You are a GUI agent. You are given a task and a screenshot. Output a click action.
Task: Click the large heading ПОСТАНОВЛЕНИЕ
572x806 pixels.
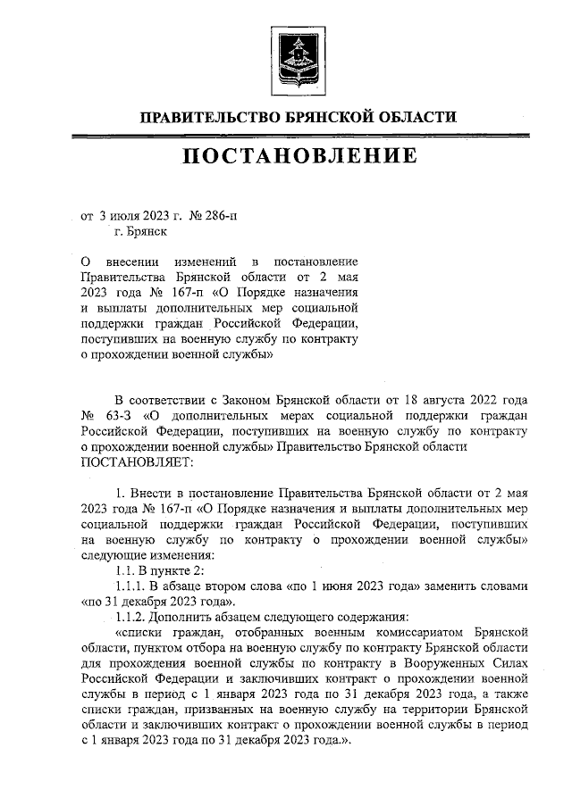(299, 157)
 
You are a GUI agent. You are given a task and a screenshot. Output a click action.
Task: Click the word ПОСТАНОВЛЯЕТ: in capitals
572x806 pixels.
(136, 462)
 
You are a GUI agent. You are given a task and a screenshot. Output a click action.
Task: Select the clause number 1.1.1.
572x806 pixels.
(134, 585)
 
